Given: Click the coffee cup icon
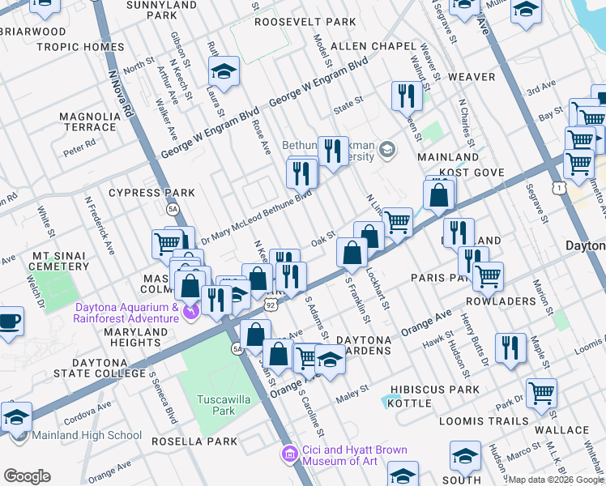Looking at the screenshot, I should pos(9,321).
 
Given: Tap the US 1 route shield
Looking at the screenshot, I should pos(558,188).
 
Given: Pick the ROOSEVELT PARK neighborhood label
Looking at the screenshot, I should pos(305,22).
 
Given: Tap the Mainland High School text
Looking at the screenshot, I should pos(87,435).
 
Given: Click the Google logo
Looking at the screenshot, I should pos(27,475).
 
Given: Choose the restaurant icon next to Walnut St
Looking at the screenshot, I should pos(403,96).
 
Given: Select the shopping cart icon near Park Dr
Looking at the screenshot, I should pos(540,394).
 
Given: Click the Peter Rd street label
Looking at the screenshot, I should pos(79,148).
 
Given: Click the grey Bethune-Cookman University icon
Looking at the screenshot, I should pos(387,149).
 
